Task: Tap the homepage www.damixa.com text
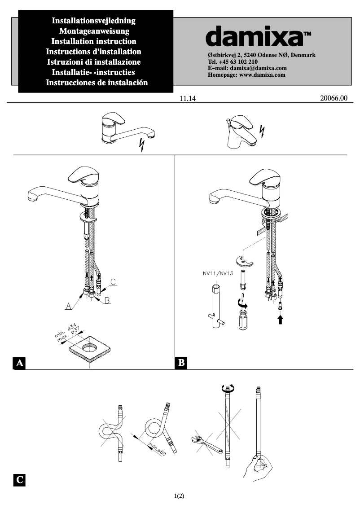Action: (247, 75)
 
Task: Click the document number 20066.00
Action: (334, 98)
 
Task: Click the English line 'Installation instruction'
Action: (94, 41)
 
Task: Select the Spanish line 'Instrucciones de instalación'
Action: (97, 83)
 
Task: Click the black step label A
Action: (19, 363)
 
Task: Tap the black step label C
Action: (19, 480)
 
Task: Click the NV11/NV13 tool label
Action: (217, 273)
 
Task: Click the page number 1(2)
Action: (180, 496)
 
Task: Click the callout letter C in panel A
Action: (114, 282)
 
